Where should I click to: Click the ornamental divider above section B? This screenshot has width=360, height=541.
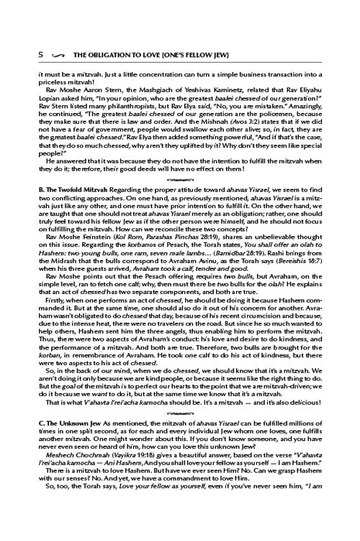tap(180, 176)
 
